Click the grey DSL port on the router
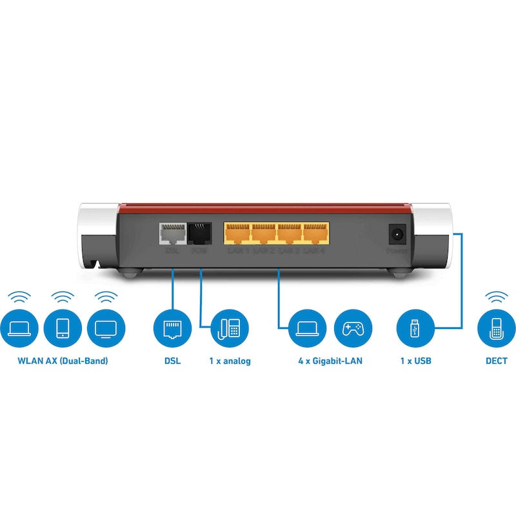[172, 233]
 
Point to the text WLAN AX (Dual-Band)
[63, 361]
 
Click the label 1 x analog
[230, 361]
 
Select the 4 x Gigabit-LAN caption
[330, 361]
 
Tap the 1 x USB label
[415, 361]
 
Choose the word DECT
[496, 361]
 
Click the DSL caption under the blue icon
[172, 361]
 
